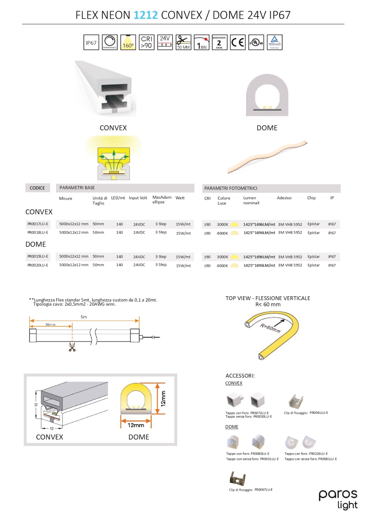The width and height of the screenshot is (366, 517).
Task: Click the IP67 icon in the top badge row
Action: (x=91, y=43)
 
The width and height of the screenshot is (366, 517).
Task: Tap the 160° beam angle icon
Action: (x=128, y=43)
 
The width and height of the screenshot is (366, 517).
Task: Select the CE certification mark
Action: (x=237, y=43)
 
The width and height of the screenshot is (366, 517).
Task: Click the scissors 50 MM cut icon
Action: (x=183, y=43)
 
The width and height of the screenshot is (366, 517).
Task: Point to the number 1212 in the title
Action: (x=145, y=15)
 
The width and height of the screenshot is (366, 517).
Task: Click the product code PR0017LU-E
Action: (x=38, y=224)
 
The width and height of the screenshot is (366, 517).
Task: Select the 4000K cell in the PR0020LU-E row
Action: (x=222, y=266)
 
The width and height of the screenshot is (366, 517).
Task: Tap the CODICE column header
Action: (x=37, y=188)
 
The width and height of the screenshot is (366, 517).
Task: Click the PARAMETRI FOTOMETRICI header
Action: (x=230, y=188)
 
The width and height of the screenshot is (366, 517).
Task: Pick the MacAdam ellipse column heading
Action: (x=162, y=200)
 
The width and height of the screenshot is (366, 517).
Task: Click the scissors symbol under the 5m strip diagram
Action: (x=72, y=347)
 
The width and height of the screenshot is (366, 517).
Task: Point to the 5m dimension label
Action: (x=84, y=317)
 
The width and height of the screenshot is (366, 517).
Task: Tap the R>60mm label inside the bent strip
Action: (x=270, y=328)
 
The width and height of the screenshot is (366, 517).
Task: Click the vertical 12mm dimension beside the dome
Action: (x=163, y=398)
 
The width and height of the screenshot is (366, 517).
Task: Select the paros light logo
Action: (x=338, y=499)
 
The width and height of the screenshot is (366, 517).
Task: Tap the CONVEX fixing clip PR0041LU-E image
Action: (x=296, y=401)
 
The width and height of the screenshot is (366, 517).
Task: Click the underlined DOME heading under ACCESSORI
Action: (x=232, y=427)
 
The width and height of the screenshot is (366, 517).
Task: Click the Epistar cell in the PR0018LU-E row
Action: (x=314, y=233)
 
